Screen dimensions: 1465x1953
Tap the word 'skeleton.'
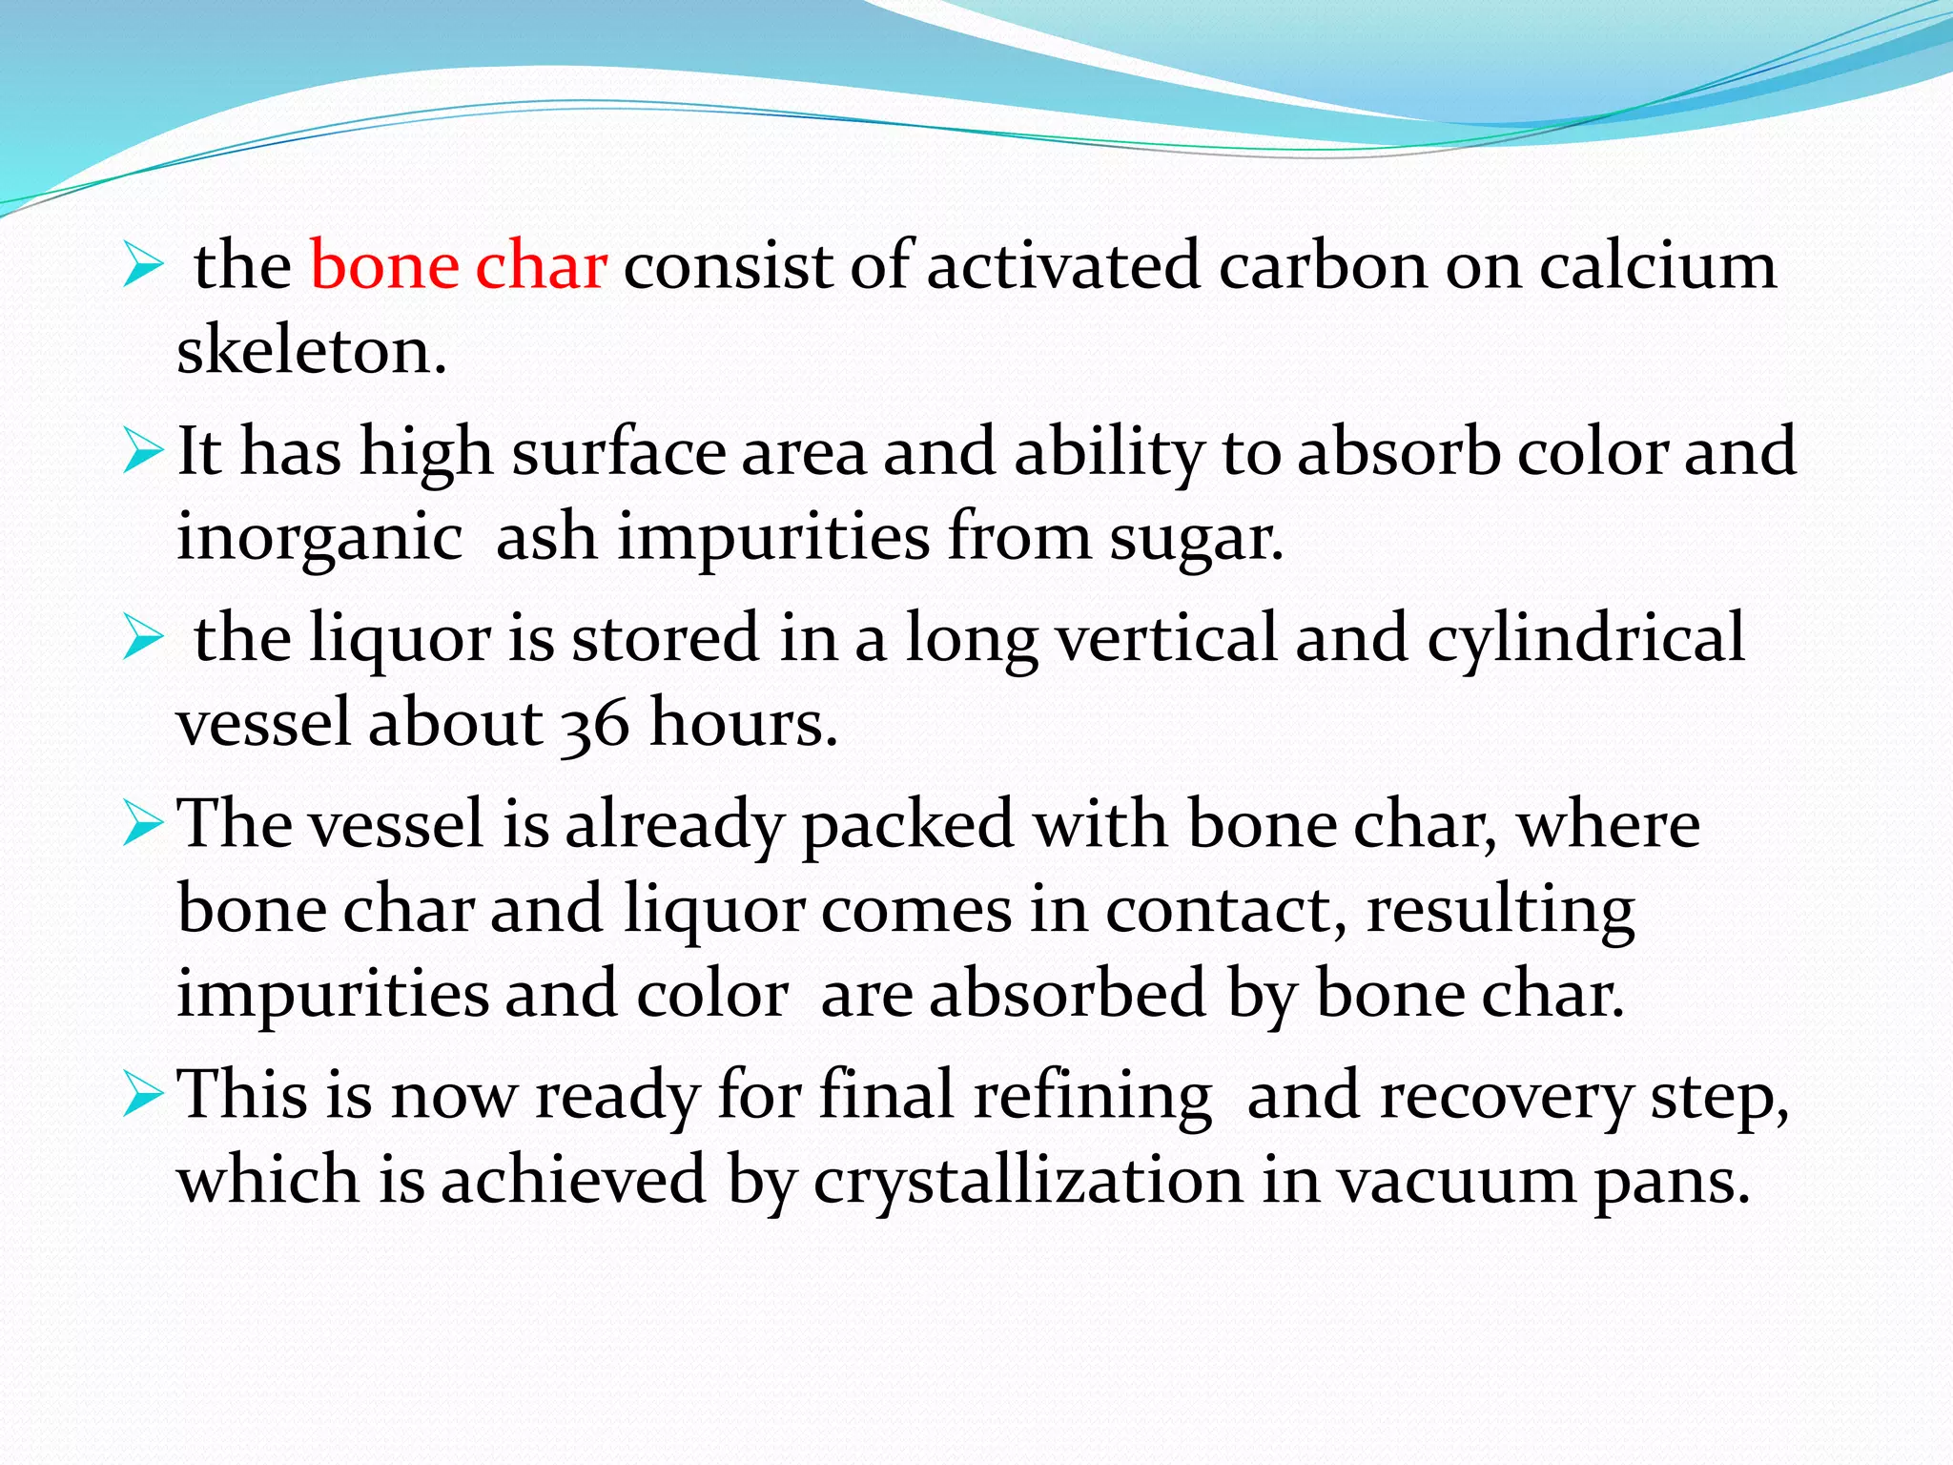(x=312, y=351)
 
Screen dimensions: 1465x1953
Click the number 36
(x=594, y=725)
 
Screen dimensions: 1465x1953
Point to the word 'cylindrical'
(x=1585, y=637)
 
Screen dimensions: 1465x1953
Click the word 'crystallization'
(x=1028, y=1181)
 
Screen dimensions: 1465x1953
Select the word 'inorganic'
(x=319, y=538)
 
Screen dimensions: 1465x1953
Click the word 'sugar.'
(x=1196, y=538)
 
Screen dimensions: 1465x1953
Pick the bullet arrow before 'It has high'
(x=144, y=453)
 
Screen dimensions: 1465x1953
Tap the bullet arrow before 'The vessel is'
(x=144, y=826)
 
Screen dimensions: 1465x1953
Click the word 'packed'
(x=907, y=826)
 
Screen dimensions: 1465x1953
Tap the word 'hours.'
(x=743, y=723)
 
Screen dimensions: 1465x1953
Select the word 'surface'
(x=619, y=451)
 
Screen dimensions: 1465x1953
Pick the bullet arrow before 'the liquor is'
(x=144, y=639)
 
